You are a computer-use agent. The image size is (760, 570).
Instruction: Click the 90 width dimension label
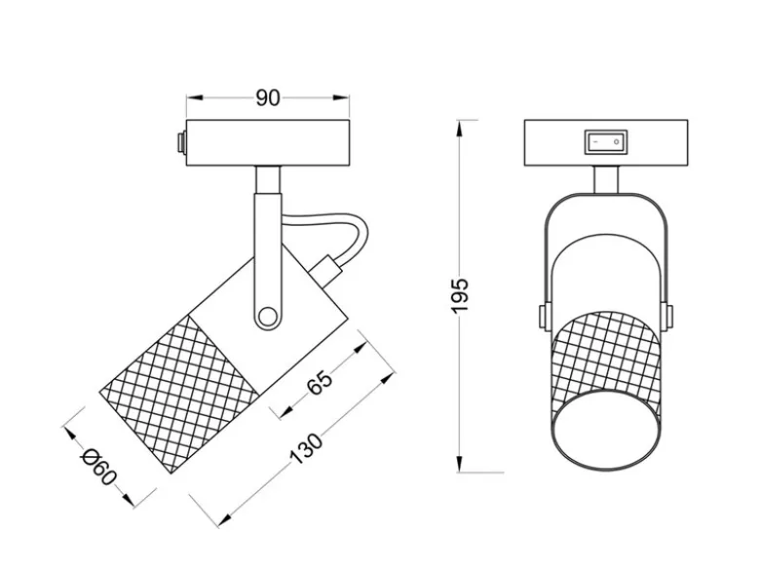pyautogui.click(x=268, y=97)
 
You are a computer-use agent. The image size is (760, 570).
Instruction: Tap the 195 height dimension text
pyautogui.click(x=459, y=295)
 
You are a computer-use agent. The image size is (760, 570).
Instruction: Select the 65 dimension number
pyautogui.click(x=321, y=382)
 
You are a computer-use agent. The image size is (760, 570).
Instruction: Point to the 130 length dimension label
pyautogui.click(x=305, y=449)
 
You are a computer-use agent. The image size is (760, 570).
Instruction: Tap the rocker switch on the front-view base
pyautogui.click(x=606, y=142)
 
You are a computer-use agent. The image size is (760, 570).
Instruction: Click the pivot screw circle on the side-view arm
pyautogui.click(x=266, y=317)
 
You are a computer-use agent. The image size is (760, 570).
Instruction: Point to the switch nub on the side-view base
pyautogui.click(x=182, y=143)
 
